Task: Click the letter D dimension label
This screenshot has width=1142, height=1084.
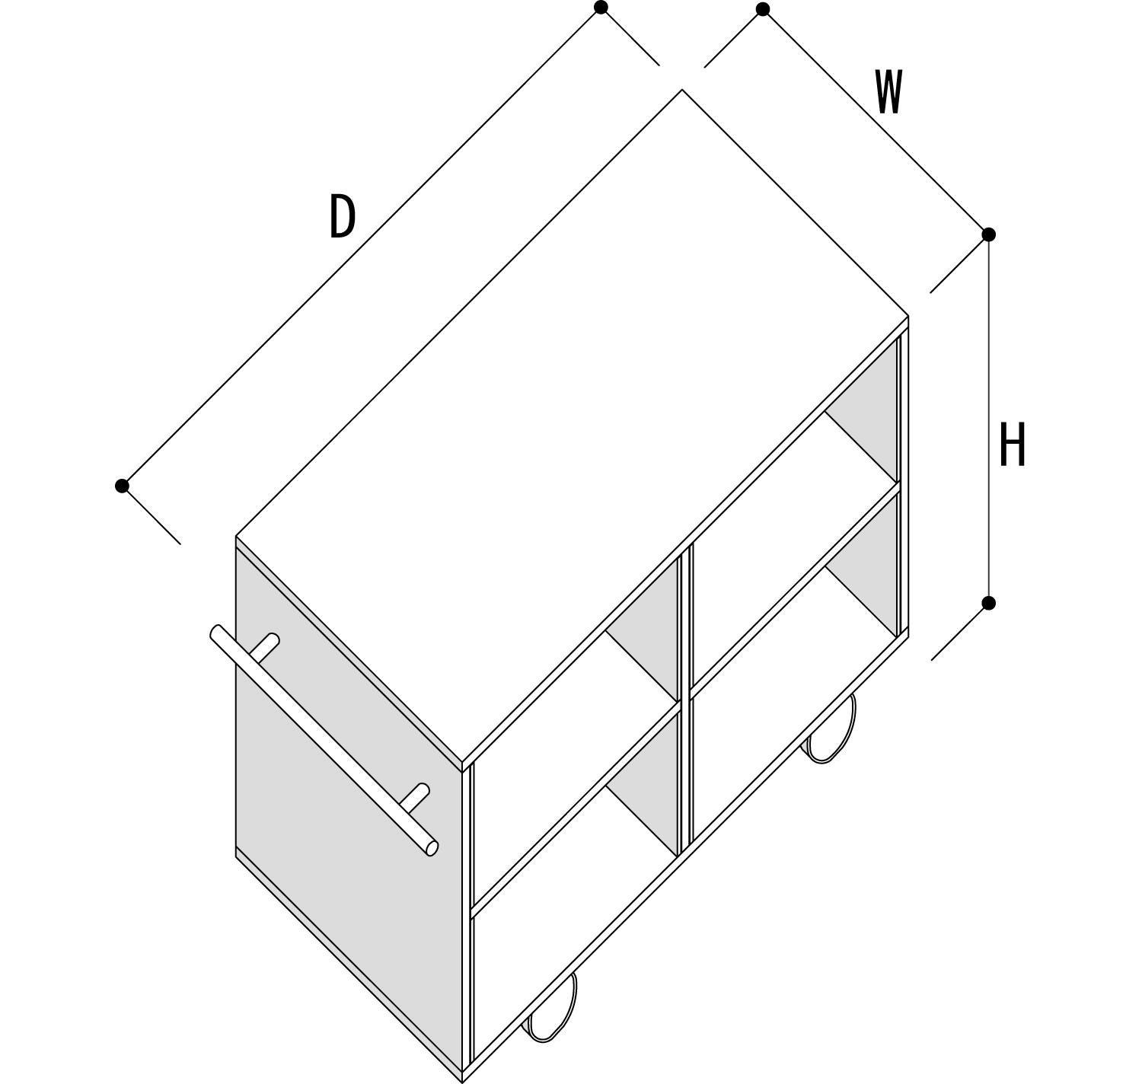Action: (x=342, y=216)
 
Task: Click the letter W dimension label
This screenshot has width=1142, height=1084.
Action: (x=888, y=92)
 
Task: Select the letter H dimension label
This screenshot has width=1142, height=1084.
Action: (x=1012, y=445)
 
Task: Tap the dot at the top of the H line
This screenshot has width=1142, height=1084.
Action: (x=988, y=234)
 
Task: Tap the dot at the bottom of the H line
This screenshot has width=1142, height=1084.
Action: (x=988, y=603)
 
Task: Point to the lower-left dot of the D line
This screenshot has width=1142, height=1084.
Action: (x=122, y=486)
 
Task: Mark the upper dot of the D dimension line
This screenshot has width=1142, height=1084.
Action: (x=601, y=8)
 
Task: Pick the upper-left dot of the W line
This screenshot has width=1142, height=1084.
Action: (x=763, y=9)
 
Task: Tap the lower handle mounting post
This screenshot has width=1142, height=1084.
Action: (x=415, y=796)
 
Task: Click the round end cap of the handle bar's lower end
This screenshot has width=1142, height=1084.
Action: (x=432, y=847)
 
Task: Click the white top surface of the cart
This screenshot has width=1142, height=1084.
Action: (x=571, y=426)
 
